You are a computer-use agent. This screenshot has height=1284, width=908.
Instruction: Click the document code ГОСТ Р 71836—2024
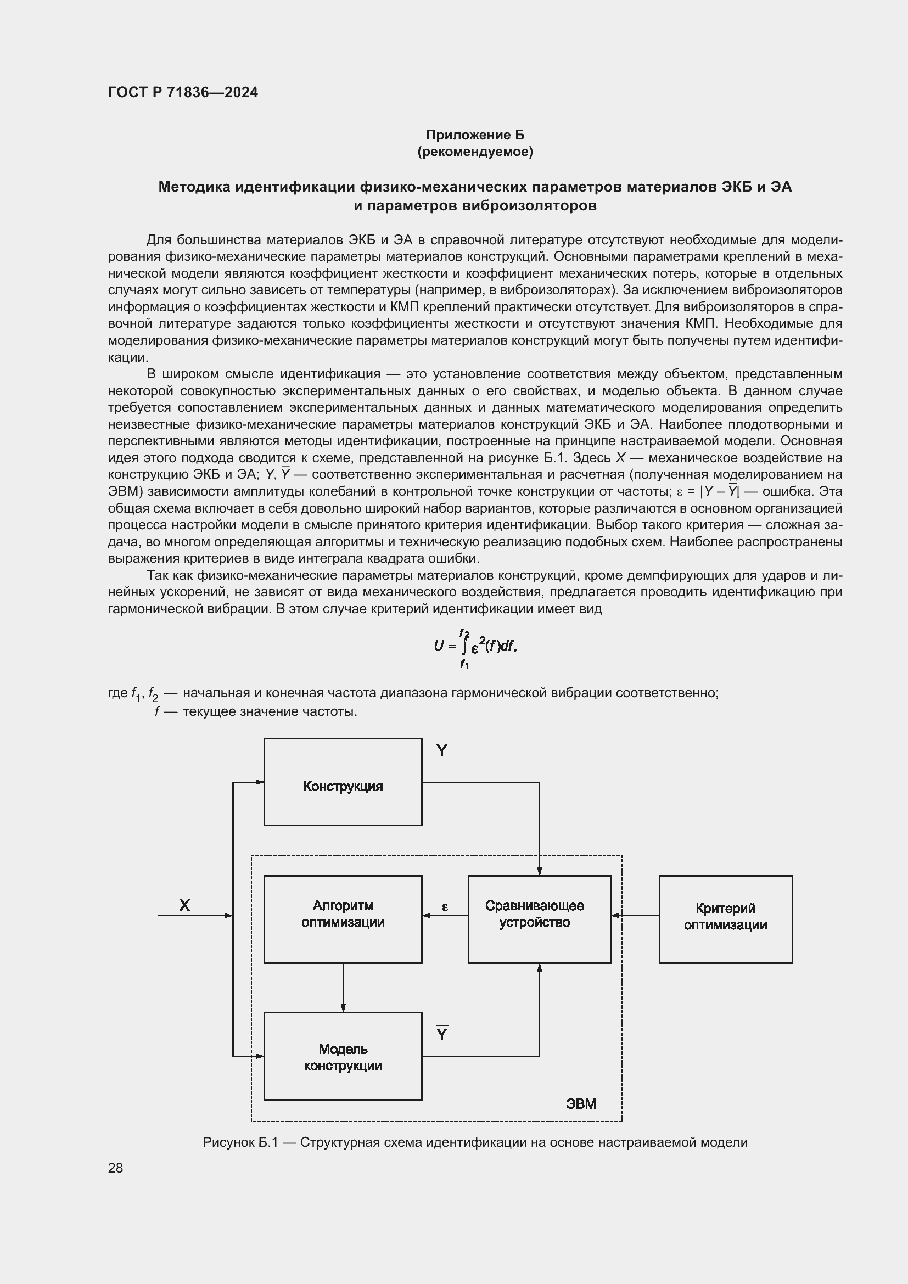(183, 92)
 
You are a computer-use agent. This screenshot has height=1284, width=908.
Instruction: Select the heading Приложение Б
(475, 135)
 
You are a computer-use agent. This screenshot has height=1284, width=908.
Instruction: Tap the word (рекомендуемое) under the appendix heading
(475, 152)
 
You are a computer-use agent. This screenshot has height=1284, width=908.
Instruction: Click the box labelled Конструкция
(343, 787)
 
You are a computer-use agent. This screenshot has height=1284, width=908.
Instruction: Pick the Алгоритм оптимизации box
(343, 915)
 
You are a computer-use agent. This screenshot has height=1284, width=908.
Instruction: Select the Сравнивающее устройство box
(539, 915)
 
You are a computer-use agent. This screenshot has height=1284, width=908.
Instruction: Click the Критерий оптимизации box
(725, 917)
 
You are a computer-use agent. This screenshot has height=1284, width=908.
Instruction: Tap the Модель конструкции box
(343, 1057)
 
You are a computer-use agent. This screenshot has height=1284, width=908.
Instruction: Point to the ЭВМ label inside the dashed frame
(581, 1103)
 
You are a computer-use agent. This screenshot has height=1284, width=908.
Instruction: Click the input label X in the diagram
(184, 905)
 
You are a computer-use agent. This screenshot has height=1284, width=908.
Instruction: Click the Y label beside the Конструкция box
(442, 750)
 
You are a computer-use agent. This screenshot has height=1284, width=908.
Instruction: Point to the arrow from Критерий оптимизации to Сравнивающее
(635, 916)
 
